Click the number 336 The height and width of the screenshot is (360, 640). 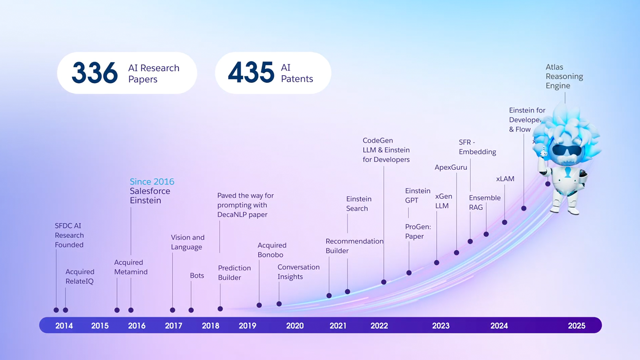[94, 73]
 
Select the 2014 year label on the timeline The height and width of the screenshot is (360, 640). [64, 326]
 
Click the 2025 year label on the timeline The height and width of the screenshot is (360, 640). [576, 326]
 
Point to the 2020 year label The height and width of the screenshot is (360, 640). [295, 326]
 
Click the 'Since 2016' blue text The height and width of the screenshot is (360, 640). [152, 182]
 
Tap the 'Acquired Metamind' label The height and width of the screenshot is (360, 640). [131, 267]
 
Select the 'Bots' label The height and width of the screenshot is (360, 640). [197, 276]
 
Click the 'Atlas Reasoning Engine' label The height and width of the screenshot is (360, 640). [564, 76]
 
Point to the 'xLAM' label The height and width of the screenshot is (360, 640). [505, 179]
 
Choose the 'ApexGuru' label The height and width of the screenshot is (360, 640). [451, 167]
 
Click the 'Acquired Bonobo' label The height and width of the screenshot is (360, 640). [272, 250]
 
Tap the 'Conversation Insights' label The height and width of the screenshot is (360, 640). [298, 272]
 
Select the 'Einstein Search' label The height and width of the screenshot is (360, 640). [358, 203]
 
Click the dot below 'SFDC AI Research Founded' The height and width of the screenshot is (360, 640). [56, 310]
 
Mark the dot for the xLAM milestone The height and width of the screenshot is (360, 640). [504, 222]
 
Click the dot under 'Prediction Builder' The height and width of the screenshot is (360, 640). [220, 309]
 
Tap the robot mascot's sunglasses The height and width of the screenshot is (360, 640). [567, 151]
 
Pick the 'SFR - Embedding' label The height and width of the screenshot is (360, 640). [477, 147]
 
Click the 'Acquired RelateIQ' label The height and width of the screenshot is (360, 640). [79, 276]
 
